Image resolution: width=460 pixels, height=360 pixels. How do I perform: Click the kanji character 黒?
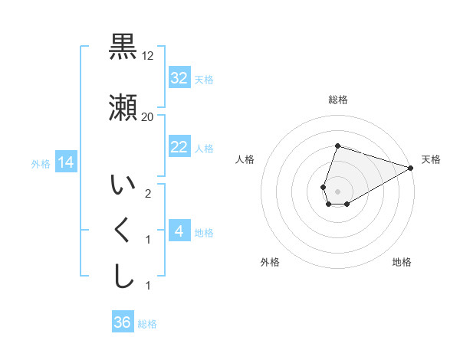click(123, 47)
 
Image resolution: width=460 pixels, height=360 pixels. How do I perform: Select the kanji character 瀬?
click(123, 109)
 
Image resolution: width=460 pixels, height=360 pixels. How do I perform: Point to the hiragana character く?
click(123, 231)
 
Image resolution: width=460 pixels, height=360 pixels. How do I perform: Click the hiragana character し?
click(123, 277)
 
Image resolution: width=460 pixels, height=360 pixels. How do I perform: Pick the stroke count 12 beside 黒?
click(148, 56)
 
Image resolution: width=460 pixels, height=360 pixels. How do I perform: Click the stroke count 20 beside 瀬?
click(148, 117)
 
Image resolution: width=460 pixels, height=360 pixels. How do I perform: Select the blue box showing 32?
click(179, 78)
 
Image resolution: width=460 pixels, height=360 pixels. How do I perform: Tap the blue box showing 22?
click(179, 147)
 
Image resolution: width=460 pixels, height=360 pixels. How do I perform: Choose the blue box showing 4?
click(179, 231)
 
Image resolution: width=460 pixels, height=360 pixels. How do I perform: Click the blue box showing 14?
click(66, 162)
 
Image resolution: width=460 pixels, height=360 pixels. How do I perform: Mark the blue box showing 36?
click(123, 322)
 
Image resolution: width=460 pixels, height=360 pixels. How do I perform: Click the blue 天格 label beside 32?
click(204, 79)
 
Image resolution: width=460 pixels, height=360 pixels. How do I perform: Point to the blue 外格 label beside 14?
click(41, 163)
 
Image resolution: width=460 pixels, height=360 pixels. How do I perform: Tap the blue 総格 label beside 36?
click(147, 323)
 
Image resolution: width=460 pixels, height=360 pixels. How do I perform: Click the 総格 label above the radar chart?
click(338, 100)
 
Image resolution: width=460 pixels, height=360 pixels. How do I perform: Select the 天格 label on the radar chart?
click(431, 159)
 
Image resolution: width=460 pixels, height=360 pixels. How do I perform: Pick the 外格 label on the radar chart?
click(270, 262)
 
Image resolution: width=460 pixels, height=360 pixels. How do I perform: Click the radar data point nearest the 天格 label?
click(411, 168)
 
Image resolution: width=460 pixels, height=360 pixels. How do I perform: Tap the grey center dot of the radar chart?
click(338, 191)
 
